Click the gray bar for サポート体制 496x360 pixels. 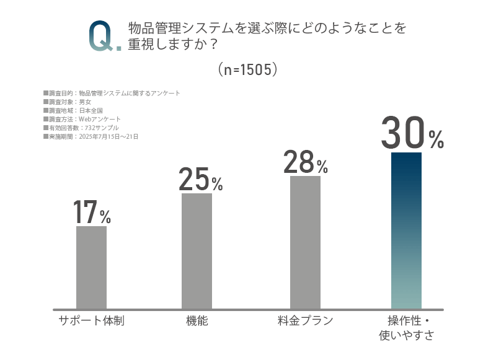pos(91,267)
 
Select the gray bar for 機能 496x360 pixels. pos(197,250)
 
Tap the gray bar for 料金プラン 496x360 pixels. pos(305,242)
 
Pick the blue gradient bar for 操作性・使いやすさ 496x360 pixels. pos(406,230)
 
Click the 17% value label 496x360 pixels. pos(92,213)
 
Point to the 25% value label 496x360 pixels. pos(200,180)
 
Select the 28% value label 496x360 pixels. pos(306,162)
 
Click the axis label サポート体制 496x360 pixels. pos(91,321)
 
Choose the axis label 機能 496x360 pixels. pos(197,321)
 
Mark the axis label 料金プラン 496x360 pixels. pos(305,321)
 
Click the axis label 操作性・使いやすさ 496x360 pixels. pos(407,328)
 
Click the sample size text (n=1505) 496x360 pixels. pos(247,69)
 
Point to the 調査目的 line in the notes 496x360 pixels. pos(112,93)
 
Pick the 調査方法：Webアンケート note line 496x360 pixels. pos(82,119)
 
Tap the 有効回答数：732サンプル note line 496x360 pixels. pos(84,128)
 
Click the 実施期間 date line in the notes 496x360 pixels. pos(91,136)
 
